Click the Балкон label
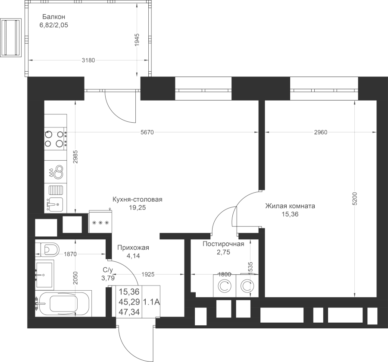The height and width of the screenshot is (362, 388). coord(54,17)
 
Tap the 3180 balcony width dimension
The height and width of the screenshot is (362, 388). coord(88,60)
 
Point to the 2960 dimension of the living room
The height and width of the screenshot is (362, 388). coord(320,132)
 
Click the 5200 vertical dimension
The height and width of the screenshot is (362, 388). coord(354,199)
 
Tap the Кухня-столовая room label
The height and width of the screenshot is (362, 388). coord(137,200)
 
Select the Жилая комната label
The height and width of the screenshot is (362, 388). coord(290,206)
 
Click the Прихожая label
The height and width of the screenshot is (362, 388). coord(133,248)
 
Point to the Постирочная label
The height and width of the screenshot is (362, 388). coord(223,244)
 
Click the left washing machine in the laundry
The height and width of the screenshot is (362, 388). coord(224,286)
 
